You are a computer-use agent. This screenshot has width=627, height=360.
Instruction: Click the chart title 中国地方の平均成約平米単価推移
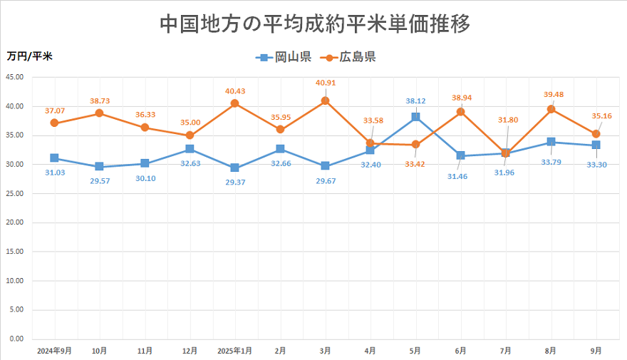click(x=314, y=24)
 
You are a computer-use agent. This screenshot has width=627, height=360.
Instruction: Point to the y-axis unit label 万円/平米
click(x=30, y=55)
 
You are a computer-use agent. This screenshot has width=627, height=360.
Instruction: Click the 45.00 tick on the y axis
click(x=14, y=77)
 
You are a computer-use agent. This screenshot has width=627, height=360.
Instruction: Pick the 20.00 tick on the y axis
click(x=14, y=222)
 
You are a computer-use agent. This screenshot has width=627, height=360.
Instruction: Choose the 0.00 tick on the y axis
click(x=16, y=339)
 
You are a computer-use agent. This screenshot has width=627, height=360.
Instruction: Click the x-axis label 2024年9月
click(x=54, y=351)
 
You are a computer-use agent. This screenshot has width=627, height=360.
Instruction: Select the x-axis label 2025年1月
click(x=235, y=351)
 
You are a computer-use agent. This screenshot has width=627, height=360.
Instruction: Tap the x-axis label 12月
click(x=190, y=351)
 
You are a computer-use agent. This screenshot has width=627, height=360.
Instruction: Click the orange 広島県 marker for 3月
click(x=326, y=101)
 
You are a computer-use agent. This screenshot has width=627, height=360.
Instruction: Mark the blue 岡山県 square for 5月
click(x=415, y=117)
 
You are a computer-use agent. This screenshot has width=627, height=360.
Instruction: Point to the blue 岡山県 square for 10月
click(x=99, y=167)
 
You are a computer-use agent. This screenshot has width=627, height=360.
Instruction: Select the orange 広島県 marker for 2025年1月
click(x=235, y=103)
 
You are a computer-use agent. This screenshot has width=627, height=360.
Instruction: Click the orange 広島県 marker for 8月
click(x=551, y=109)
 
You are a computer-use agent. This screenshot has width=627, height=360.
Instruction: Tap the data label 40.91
click(x=326, y=83)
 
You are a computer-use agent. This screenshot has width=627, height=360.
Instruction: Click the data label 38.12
click(x=416, y=101)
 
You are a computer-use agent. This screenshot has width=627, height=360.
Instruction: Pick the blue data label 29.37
click(x=235, y=183)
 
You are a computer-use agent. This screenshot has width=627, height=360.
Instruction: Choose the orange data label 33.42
click(x=416, y=164)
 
